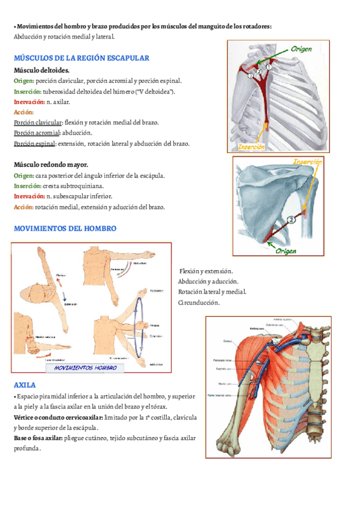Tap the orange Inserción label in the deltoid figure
pyautogui.click(x=252, y=146)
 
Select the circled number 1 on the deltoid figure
pyautogui.click(x=269, y=67)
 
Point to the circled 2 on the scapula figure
pyautogui.click(x=292, y=220)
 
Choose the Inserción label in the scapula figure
pyautogui.click(x=308, y=162)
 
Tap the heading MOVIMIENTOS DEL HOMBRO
pyautogui.click(x=65, y=229)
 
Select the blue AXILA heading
pyautogui.click(x=25, y=384)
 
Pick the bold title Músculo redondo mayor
pyautogui.click(x=52, y=164)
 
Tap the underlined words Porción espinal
pyautogui.click(x=34, y=143)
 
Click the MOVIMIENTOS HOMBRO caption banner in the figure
pyautogui.click(x=85, y=367)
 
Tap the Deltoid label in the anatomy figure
pyautogui.click(x=227, y=341)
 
